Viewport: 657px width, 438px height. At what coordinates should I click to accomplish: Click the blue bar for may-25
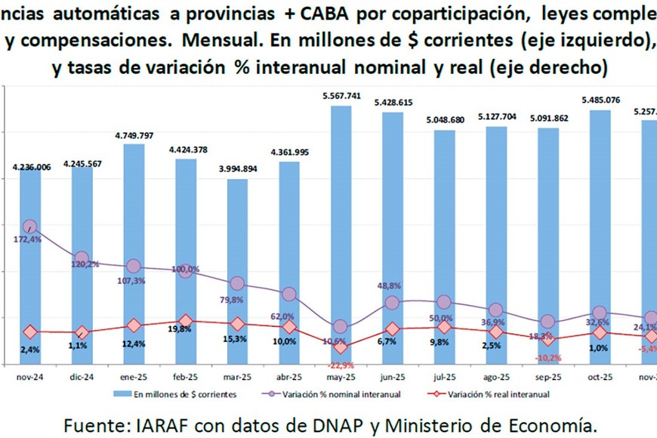[341, 234]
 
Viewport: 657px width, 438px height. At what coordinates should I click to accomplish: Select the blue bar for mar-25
[237, 272]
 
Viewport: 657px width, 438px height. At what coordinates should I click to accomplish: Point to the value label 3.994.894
[237, 169]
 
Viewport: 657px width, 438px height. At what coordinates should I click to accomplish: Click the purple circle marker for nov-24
[30, 227]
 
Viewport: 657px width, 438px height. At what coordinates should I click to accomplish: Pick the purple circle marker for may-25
[341, 327]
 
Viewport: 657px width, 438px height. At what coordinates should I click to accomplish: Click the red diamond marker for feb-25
[186, 322]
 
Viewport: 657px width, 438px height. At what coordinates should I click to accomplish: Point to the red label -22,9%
[341, 366]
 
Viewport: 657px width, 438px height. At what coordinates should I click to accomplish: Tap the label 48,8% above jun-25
[390, 286]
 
